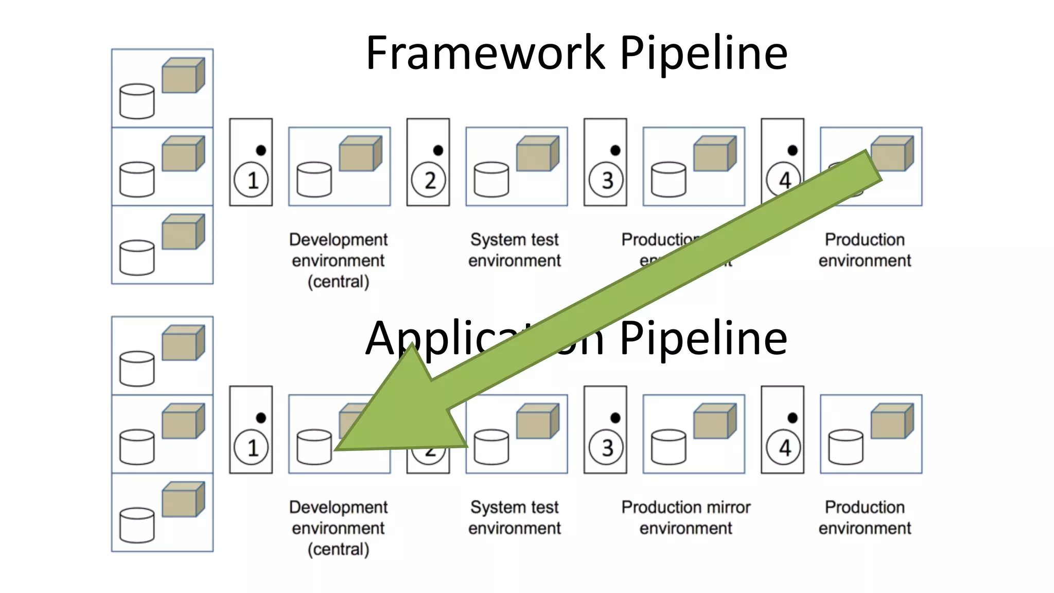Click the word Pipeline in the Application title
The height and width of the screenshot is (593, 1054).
click(x=702, y=338)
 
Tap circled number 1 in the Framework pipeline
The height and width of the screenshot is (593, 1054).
click(x=251, y=180)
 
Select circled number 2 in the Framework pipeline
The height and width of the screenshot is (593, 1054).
click(x=429, y=180)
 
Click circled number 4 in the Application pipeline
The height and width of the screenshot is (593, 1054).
click(x=783, y=447)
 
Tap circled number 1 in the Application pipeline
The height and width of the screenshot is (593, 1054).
click(x=251, y=447)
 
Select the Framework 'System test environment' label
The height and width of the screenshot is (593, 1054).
click(x=514, y=250)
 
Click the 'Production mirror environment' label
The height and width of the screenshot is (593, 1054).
click(x=686, y=517)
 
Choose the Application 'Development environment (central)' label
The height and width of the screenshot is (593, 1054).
click(x=338, y=528)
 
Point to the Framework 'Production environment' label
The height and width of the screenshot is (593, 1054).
click(x=865, y=250)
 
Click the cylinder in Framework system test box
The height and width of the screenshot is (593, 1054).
click(x=491, y=180)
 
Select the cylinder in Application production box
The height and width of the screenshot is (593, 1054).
click(x=846, y=447)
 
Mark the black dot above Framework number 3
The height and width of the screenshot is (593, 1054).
click(x=616, y=150)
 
